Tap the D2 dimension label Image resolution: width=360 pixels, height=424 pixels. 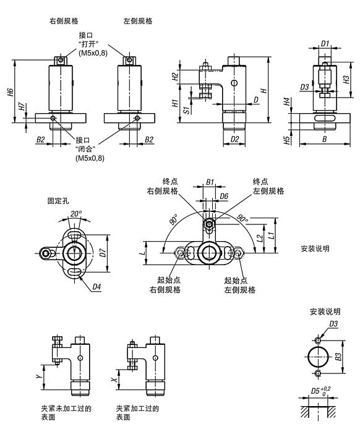[234, 139]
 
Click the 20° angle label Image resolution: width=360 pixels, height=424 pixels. [75, 214]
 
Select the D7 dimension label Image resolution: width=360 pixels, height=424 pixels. [103, 252]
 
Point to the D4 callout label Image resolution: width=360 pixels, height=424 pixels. [98, 287]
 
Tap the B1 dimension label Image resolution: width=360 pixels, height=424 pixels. [210, 182]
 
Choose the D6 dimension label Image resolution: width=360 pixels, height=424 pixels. [224, 196]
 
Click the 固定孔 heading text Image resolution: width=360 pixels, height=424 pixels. [58, 201]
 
